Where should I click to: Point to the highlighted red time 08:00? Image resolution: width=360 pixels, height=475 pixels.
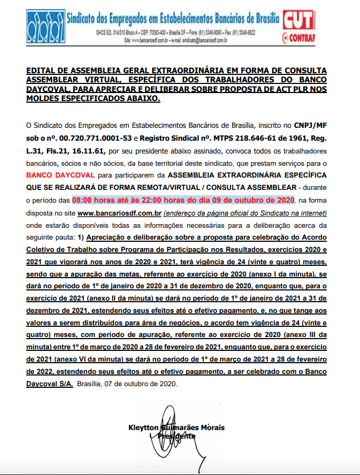pos(85,200)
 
